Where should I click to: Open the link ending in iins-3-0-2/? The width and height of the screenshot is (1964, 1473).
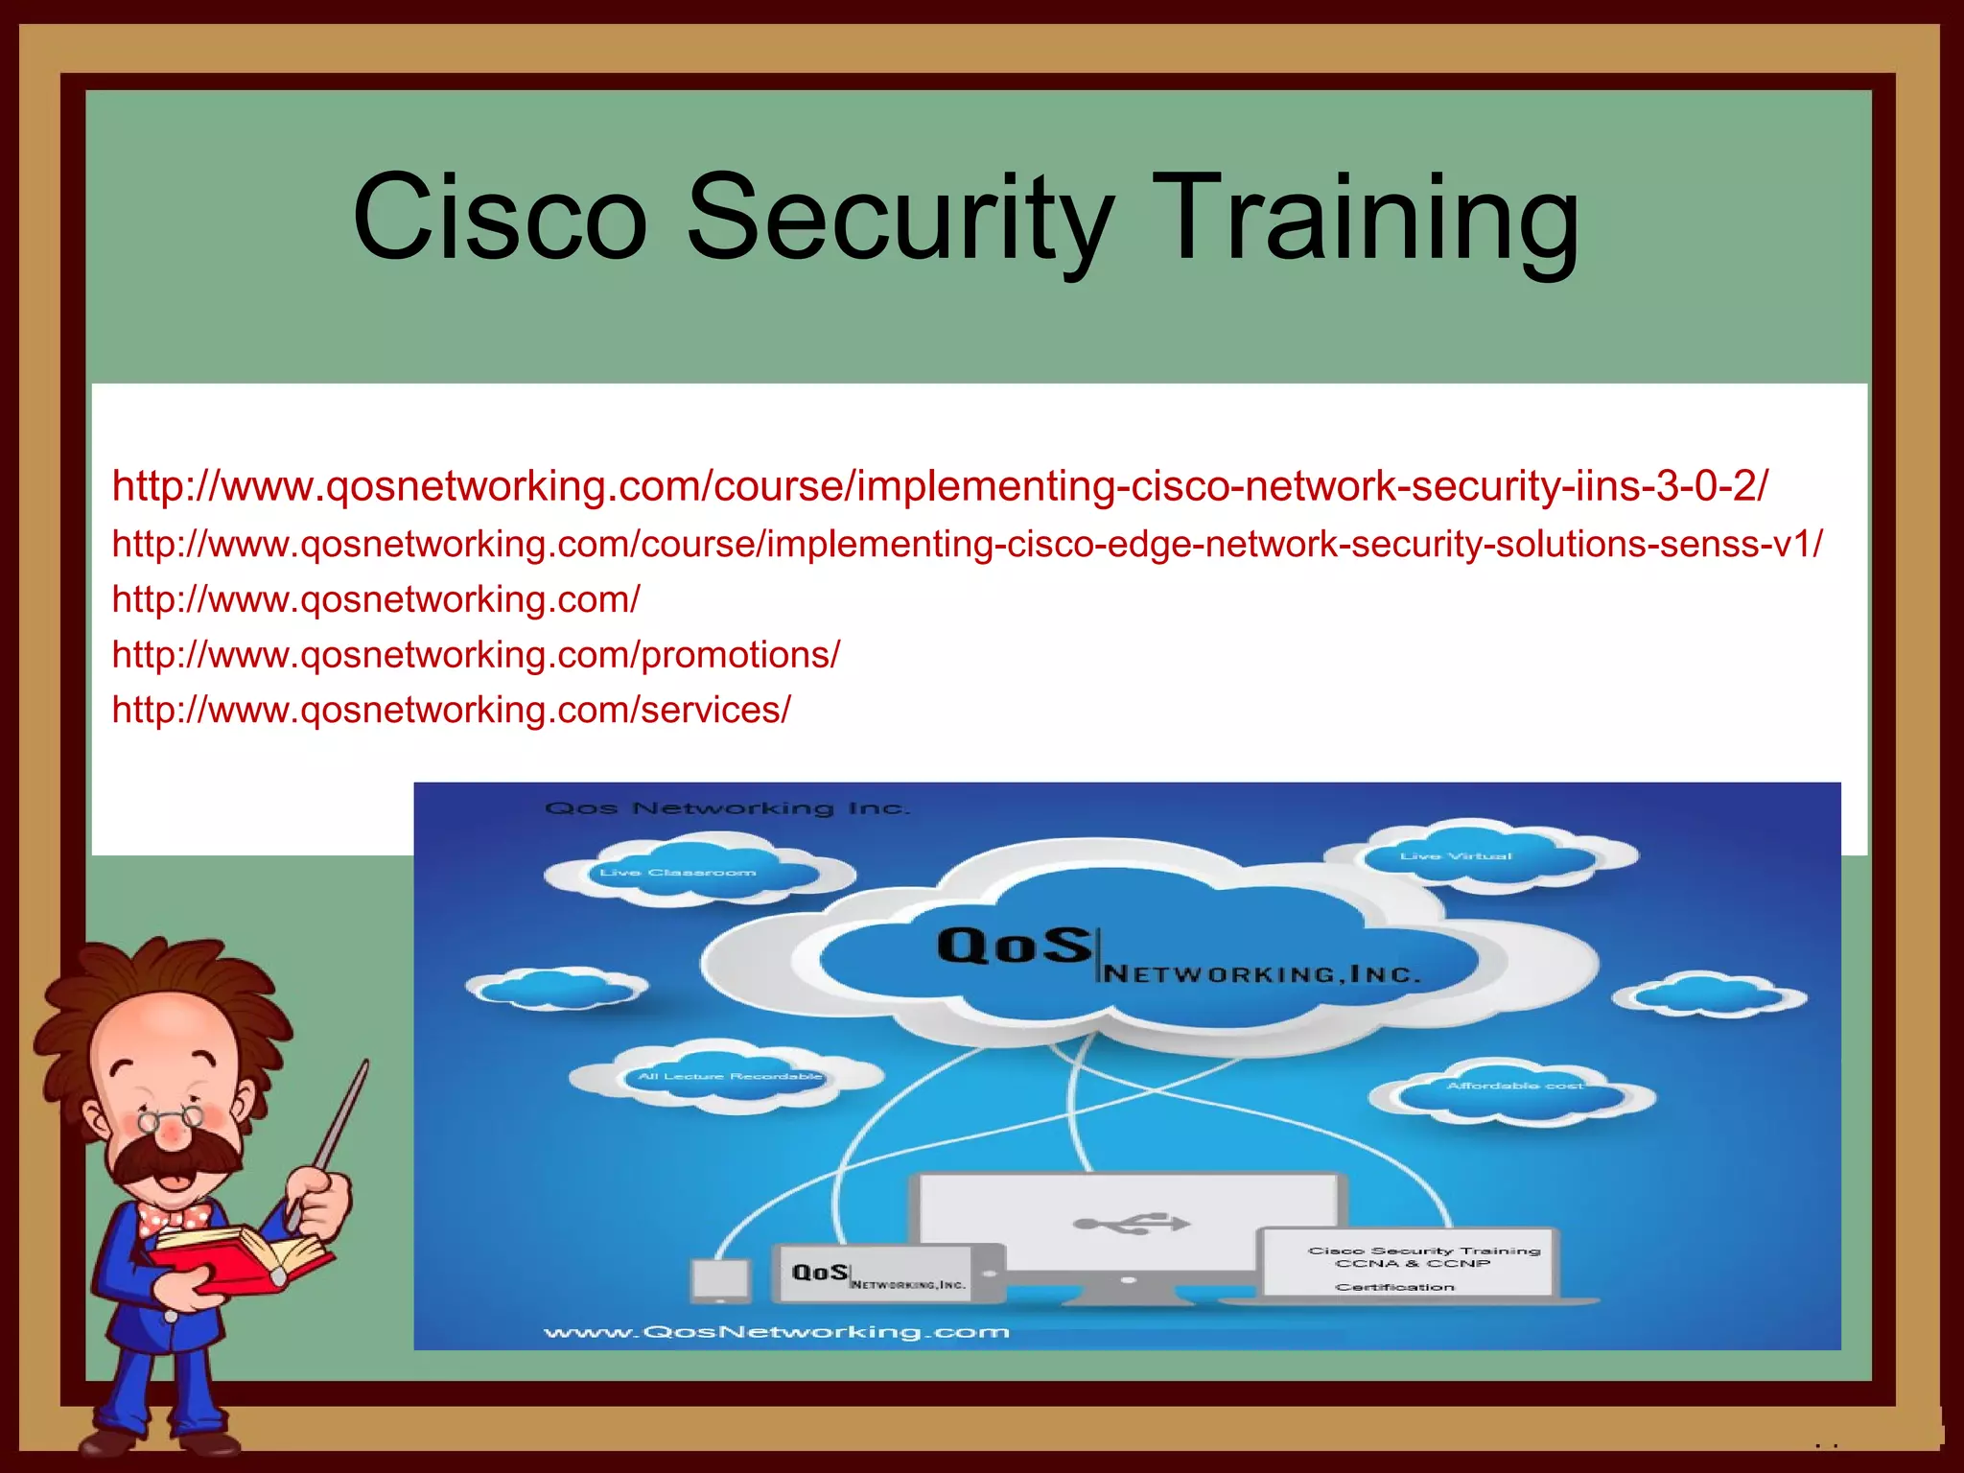pos(939,486)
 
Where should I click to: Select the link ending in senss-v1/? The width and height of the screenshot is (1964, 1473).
pos(967,545)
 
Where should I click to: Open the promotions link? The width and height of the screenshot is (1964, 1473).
pos(476,655)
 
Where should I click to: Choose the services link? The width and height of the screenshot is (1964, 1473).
pos(451,711)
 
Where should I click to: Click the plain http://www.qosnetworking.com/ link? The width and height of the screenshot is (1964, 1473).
pos(376,600)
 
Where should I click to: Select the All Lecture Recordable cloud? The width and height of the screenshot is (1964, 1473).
pos(729,1077)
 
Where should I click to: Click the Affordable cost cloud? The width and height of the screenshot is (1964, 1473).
pos(1514,1087)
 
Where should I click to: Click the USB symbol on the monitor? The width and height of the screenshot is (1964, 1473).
pos(1132,1223)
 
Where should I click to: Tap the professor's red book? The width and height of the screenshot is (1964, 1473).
pos(240,1256)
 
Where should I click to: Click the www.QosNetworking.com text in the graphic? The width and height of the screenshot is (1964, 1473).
pos(776,1331)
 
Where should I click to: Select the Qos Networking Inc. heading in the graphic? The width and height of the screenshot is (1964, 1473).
pos(726,808)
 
